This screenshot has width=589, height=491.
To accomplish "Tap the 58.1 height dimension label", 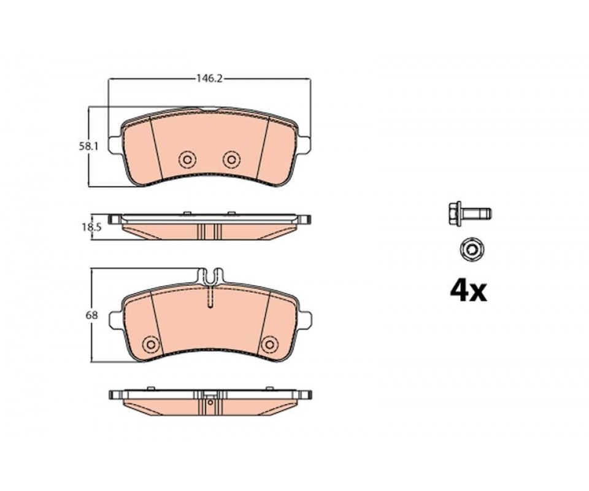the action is [x=88, y=147].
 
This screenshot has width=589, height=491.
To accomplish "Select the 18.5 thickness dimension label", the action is [x=91, y=227].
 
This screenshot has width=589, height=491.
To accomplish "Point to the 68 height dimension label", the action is [x=91, y=315].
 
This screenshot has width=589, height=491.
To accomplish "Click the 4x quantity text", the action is [x=468, y=291].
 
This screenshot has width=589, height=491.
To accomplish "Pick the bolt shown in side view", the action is [x=470, y=214].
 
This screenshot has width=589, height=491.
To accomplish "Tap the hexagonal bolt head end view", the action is [x=471, y=249].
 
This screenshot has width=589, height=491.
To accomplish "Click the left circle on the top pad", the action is [x=187, y=160].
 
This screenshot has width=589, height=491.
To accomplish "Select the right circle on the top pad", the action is [x=231, y=160].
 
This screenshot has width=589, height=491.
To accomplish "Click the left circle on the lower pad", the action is [x=151, y=344].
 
